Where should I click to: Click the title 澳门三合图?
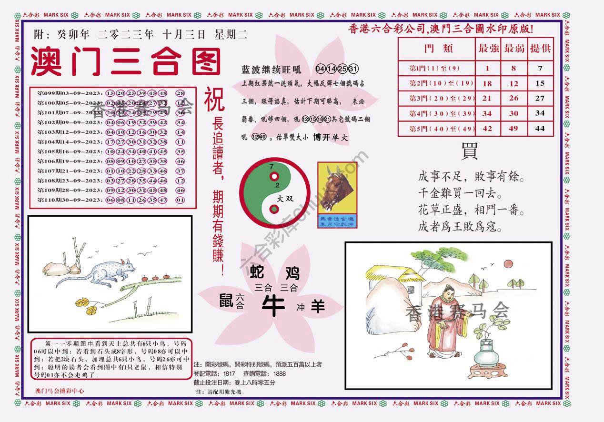tap(126, 62)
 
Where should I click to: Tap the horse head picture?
tap(337, 188)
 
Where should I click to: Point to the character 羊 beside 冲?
tap(318, 307)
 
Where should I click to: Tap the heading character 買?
tap(469, 151)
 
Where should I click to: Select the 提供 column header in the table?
tap(540, 49)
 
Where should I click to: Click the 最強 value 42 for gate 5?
tap(487, 129)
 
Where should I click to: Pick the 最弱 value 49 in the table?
tap(513, 129)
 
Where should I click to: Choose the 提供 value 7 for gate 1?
tap(540, 68)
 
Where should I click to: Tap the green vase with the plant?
tap(487, 352)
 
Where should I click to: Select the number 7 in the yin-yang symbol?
tap(271, 167)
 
